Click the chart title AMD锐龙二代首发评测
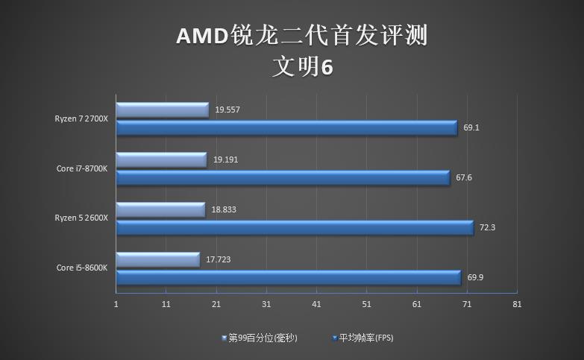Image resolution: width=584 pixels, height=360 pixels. click(x=302, y=35)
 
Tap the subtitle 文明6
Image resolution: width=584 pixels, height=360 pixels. click(x=302, y=67)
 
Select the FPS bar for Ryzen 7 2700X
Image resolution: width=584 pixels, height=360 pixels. click(x=286, y=128)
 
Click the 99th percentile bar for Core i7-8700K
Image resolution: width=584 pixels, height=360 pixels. click(x=161, y=160)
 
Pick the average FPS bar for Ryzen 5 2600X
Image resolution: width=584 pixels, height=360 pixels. click(x=295, y=227)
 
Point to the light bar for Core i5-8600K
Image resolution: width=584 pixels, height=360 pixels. click(x=158, y=259)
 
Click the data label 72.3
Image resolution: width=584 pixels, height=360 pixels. click(x=488, y=227)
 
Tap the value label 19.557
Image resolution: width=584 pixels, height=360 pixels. click(x=227, y=110)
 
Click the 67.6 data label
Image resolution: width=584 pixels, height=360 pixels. click(x=464, y=177)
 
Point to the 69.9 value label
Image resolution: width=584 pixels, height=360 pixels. click(x=475, y=277)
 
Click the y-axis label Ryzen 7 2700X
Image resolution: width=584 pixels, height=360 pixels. click(x=81, y=119)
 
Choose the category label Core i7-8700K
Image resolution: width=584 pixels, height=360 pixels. click(x=82, y=168)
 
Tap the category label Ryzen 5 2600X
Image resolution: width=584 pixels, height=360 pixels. click(x=81, y=218)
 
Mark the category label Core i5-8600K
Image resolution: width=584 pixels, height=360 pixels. click(x=82, y=268)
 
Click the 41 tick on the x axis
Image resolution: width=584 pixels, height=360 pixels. click(x=316, y=304)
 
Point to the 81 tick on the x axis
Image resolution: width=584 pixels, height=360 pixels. click(x=517, y=304)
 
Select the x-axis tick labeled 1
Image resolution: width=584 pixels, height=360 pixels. click(x=116, y=304)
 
